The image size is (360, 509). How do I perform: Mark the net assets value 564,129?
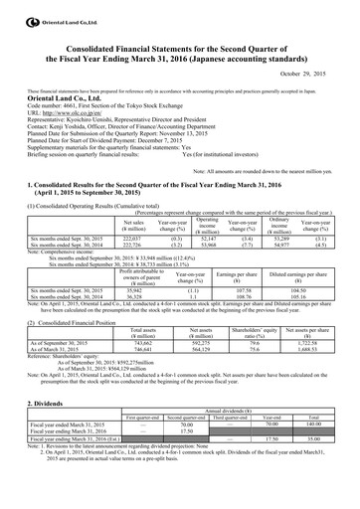point(200,322)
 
